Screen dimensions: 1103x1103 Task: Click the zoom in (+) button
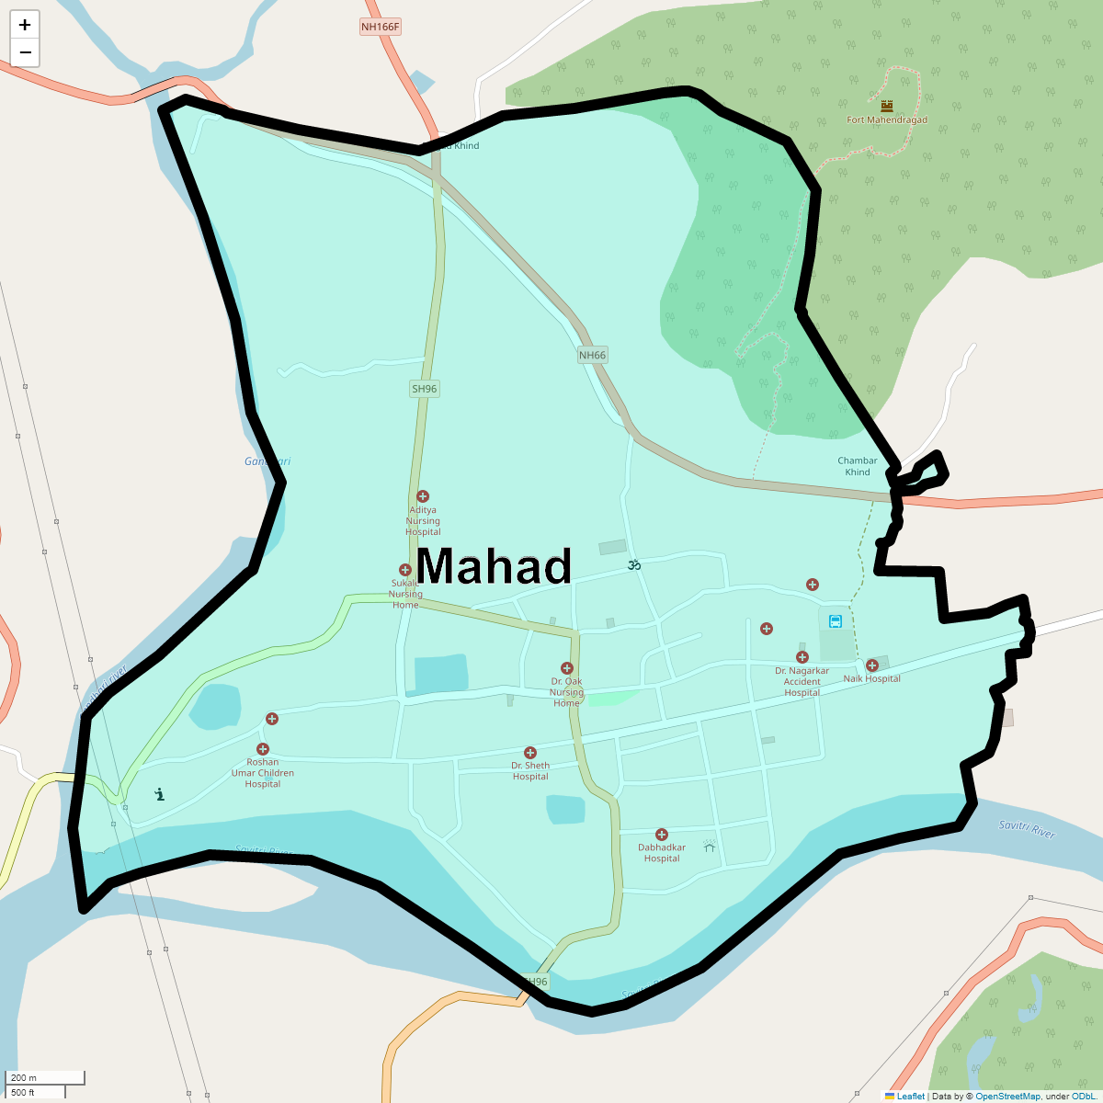coord(25,25)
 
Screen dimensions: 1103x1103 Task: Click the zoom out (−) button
coord(25,52)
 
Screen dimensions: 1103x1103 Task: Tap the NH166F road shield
coord(380,27)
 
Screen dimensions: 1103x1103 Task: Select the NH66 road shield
coord(593,356)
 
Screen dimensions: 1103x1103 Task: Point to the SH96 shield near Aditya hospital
coord(425,389)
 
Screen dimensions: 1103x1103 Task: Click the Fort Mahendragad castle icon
coord(886,106)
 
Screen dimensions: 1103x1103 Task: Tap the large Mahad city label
coord(494,566)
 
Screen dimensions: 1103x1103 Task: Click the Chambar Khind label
coord(858,466)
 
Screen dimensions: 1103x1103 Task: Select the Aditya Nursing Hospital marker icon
coord(423,496)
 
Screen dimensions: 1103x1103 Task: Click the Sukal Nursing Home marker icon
coord(404,570)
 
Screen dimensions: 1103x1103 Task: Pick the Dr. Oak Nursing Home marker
coord(567,668)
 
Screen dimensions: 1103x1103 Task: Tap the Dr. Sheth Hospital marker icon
coord(530,753)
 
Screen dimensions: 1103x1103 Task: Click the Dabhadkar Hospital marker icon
coord(662,835)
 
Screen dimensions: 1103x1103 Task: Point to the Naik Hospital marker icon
coord(872,665)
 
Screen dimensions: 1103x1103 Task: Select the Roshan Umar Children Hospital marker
coord(263,749)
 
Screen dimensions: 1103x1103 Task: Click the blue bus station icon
coord(836,621)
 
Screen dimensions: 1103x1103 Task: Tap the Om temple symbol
coord(633,565)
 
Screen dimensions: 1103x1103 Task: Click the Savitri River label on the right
coord(1027,830)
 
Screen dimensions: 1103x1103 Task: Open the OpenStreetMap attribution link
coord(1007,1096)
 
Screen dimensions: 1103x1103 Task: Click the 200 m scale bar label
coord(25,1077)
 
